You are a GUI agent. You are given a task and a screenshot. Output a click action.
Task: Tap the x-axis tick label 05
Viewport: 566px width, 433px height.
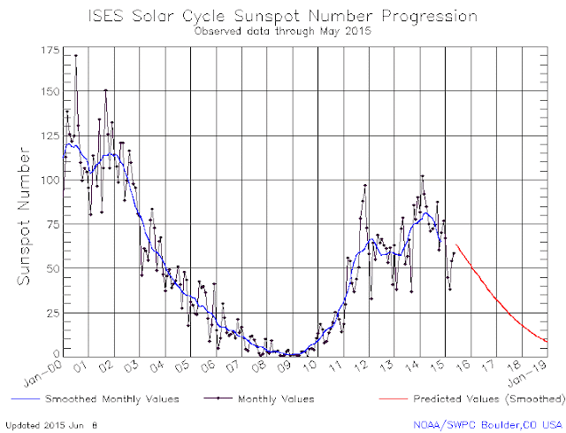(x=184, y=365)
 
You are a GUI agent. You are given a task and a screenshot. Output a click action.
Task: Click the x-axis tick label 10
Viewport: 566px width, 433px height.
(x=310, y=365)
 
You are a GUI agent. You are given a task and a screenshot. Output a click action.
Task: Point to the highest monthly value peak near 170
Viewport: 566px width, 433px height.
(x=75, y=56)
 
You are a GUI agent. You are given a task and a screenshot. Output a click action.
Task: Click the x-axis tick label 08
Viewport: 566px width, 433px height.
(x=260, y=365)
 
